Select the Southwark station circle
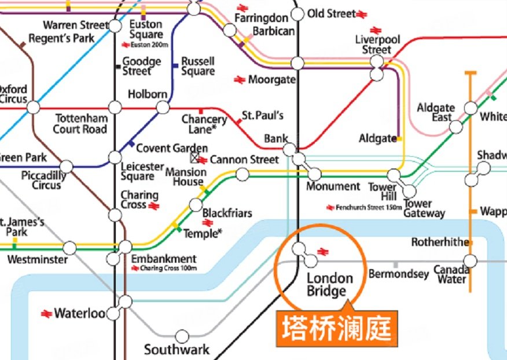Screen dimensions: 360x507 [x=182, y=336]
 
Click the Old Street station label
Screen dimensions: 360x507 [x=331, y=13]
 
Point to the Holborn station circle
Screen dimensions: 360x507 [x=164, y=108]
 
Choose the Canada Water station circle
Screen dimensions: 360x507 [x=471, y=261]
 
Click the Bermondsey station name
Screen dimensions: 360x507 [x=398, y=273]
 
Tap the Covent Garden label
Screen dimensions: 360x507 [x=172, y=148]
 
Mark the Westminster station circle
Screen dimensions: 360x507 [x=70, y=248]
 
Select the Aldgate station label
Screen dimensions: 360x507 [x=377, y=139]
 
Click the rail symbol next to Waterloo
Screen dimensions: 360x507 [x=47, y=314]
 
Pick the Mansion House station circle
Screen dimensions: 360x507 [x=243, y=174]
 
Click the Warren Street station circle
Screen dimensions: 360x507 [x=115, y=26]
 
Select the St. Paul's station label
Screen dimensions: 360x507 [x=262, y=115]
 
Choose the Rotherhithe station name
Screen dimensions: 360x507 [x=439, y=242]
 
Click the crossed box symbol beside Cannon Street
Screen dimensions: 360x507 [x=194, y=157]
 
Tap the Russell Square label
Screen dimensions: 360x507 [x=198, y=66]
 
